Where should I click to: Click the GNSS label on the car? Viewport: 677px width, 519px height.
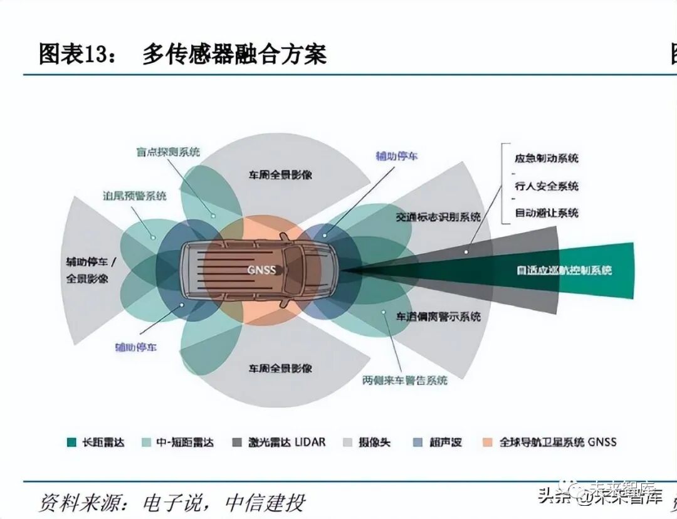coord(261,270)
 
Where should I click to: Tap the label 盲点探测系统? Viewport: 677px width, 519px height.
coord(168,152)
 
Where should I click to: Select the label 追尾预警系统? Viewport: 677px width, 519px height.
coord(135,196)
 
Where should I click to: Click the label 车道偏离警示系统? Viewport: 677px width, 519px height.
coord(438,317)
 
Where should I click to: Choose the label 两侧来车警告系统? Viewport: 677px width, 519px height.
coord(405,380)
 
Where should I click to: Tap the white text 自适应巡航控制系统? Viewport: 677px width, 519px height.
coord(564,271)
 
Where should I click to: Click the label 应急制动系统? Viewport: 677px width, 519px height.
coord(546,158)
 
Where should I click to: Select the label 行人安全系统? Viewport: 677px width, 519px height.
coord(546,186)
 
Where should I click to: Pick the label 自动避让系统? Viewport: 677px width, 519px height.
coord(546,213)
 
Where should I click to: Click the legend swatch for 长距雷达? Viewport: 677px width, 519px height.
coord(71,443)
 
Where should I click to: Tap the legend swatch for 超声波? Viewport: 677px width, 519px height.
coord(417,443)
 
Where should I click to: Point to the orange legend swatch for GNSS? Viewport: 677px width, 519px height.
coord(487,443)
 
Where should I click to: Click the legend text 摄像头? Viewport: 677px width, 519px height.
coord(374,443)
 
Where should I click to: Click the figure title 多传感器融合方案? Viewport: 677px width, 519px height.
coord(234,55)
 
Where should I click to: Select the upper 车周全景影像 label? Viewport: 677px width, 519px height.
coord(280,175)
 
